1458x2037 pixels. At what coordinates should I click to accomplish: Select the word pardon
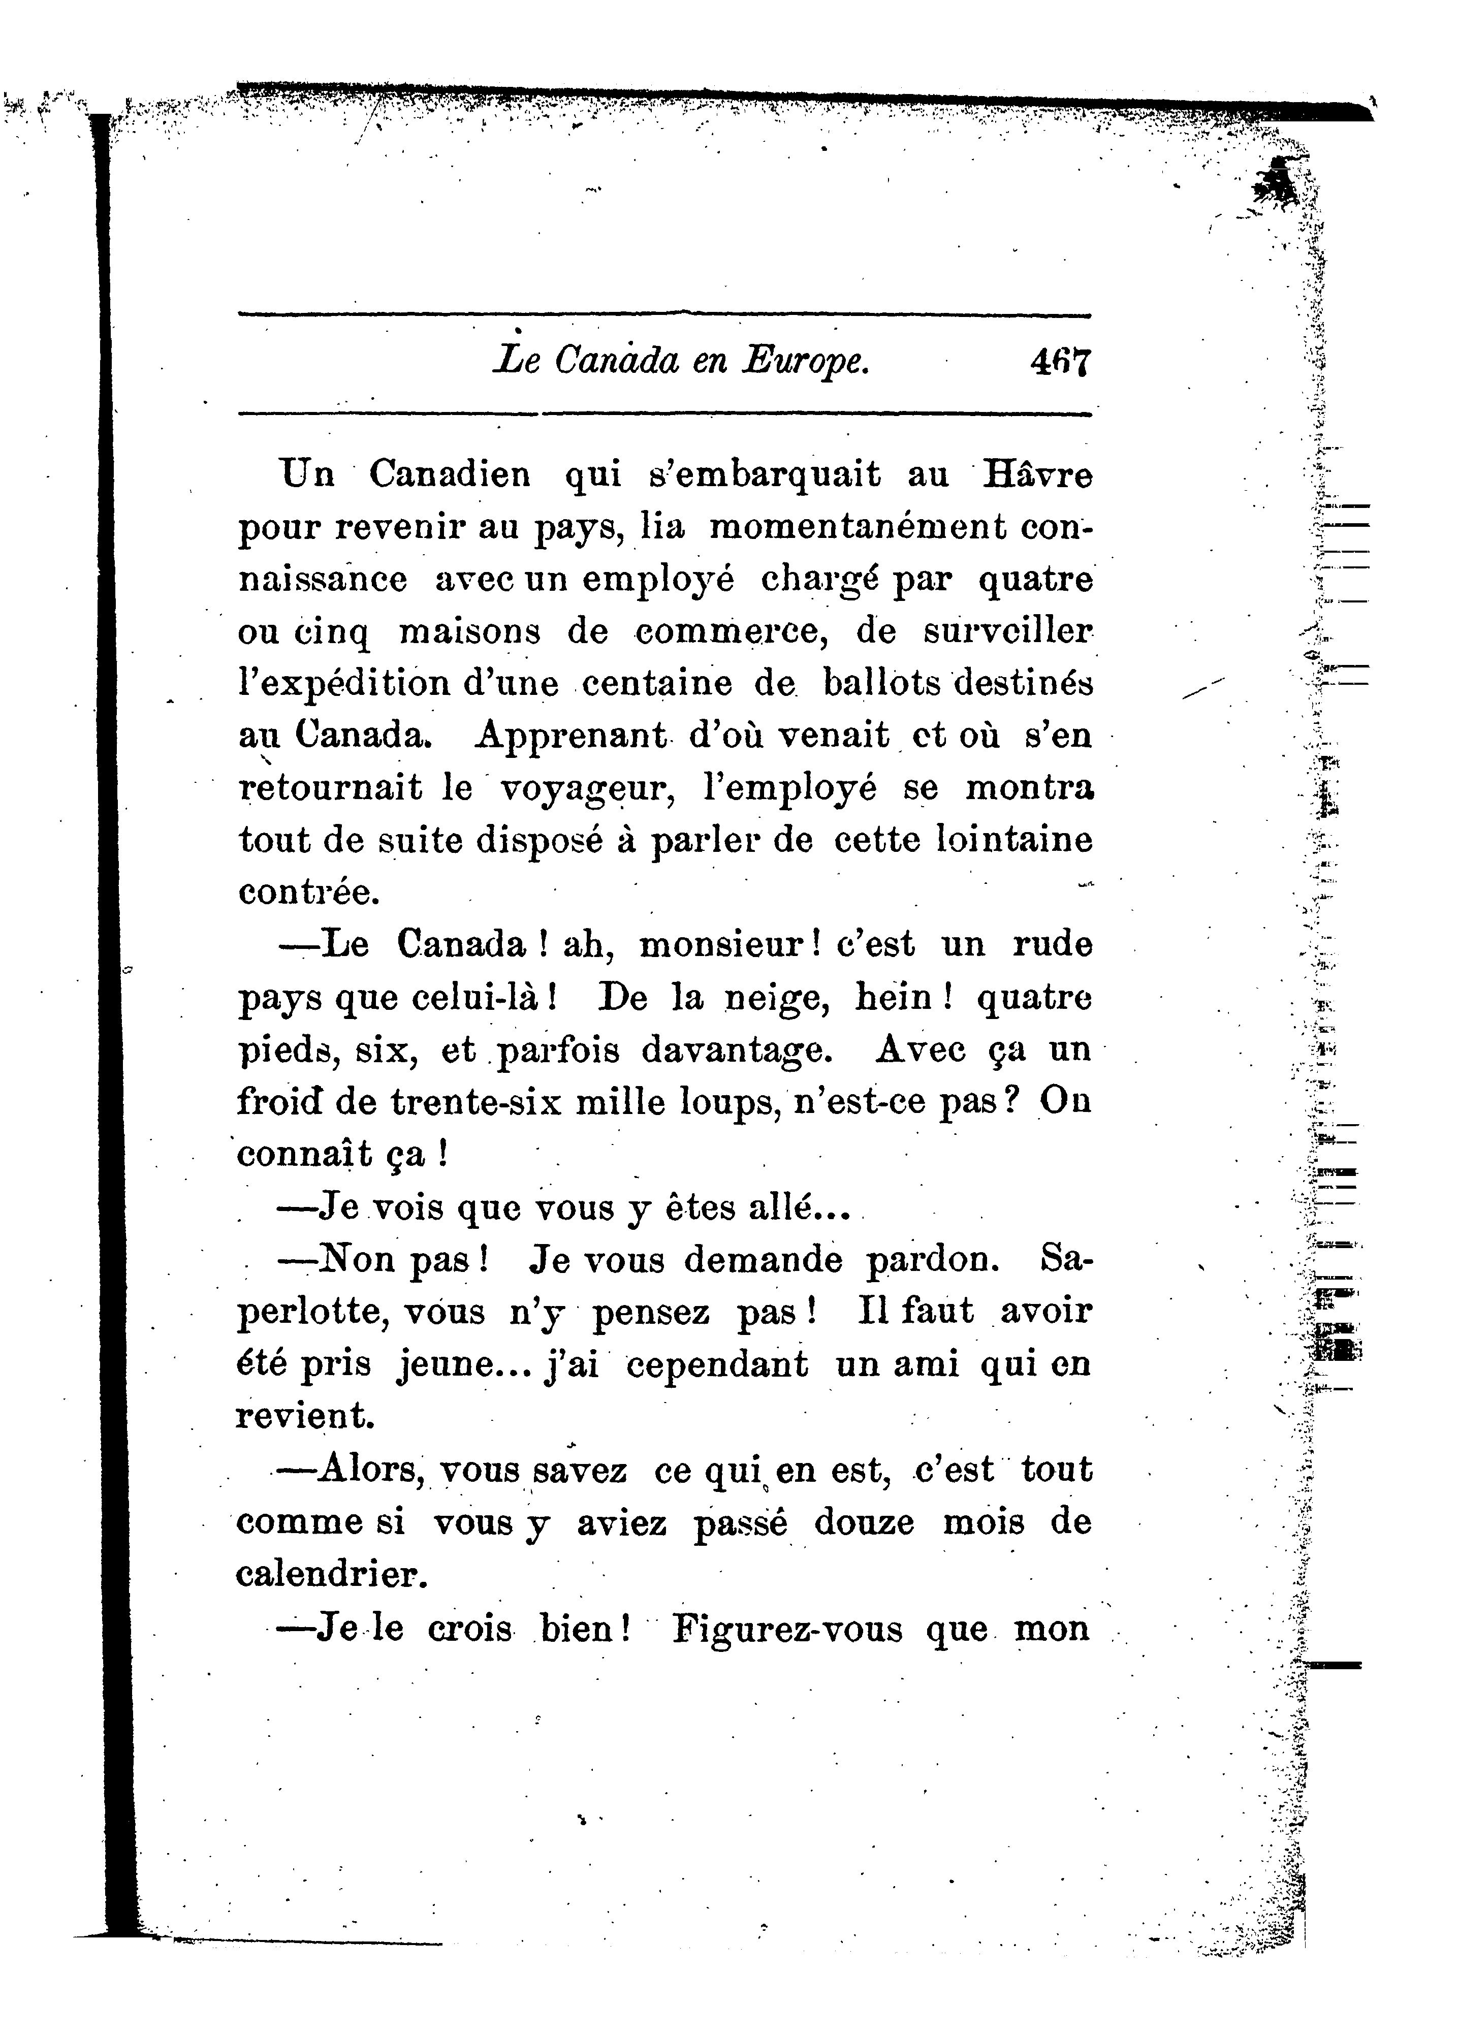932,1260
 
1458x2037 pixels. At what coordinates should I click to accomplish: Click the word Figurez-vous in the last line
787,1628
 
